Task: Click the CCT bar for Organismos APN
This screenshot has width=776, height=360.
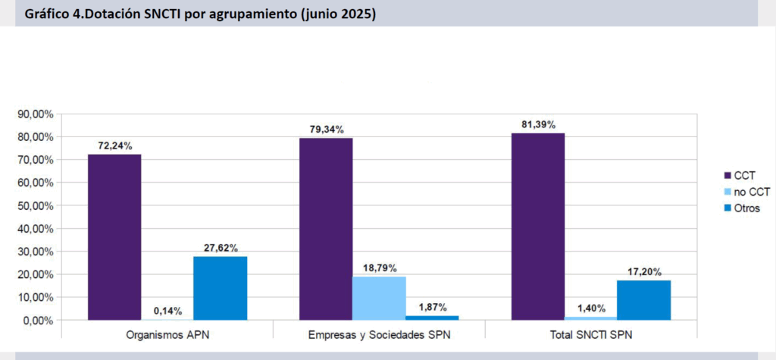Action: click(114, 236)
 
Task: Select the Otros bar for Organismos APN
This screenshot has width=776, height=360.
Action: click(220, 288)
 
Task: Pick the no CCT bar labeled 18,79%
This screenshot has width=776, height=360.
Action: click(379, 298)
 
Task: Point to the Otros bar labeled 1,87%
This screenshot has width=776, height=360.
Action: click(432, 318)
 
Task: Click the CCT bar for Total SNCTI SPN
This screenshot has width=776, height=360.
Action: click(538, 226)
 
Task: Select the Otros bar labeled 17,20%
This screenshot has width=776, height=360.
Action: click(643, 300)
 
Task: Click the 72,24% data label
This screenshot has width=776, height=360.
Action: click(114, 146)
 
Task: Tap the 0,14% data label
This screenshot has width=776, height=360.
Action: click(167, 310)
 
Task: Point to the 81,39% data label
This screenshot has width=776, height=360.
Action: click(537, 124)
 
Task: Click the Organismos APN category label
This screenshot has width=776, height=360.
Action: click(167, 334)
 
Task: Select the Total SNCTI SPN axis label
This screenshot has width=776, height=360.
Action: click(590, 334)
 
